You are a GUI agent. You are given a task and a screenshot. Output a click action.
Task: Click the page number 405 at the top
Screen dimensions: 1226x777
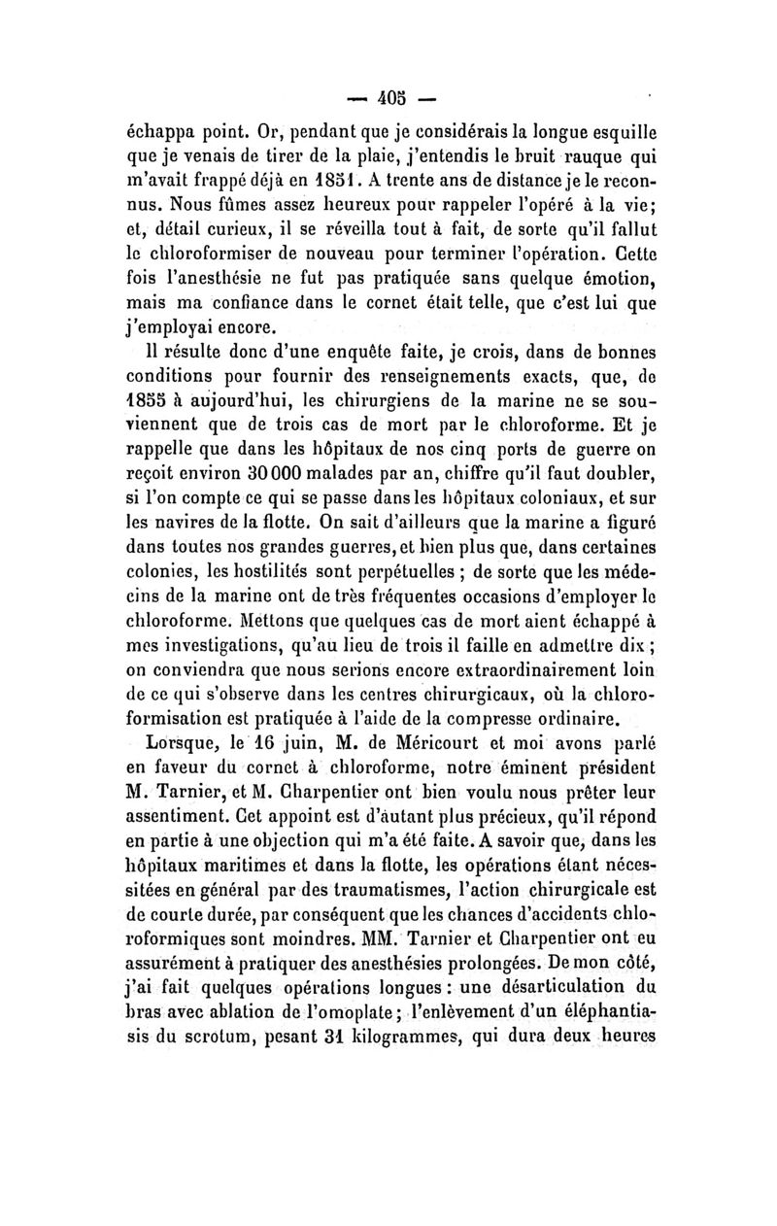point(392,98)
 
